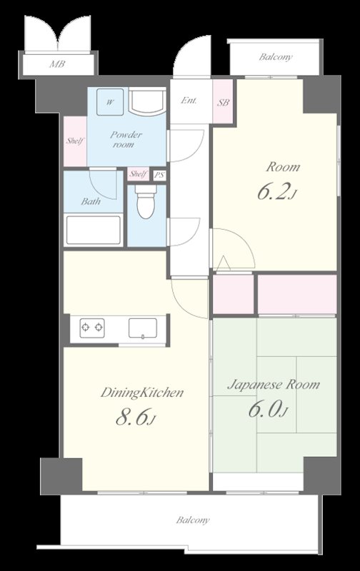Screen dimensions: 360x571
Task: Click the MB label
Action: (x=58, y=64)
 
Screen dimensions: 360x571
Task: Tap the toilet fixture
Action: (x=146, y=201)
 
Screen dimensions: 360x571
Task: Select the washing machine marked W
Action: (x=110, y=102)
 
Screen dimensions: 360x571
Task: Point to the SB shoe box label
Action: (x=224, y=102)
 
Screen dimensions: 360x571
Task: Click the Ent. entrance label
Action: (x=189, y=100)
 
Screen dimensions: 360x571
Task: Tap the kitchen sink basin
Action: (x=143, y=328)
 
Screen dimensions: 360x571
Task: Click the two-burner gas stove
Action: (x=92, y=328)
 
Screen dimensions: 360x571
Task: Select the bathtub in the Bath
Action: (x=94, y=230)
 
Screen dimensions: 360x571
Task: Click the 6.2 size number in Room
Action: (x=277, y=192)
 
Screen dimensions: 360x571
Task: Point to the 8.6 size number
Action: (x=136, y=417)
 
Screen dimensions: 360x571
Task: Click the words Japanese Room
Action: (x=274, y=385)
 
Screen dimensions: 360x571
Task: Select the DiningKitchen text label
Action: (x=142, y=393)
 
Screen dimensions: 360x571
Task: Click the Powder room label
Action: (x=126, y=139)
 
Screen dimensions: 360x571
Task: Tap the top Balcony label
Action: (x=276, y=57)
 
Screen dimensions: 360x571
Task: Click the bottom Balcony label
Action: (x=193, y=520)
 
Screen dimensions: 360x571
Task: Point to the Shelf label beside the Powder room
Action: (x=75, y=141)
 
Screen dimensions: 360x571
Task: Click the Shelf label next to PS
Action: (x=139, y=173)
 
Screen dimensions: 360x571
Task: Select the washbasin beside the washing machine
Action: (x=147, y=102)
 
